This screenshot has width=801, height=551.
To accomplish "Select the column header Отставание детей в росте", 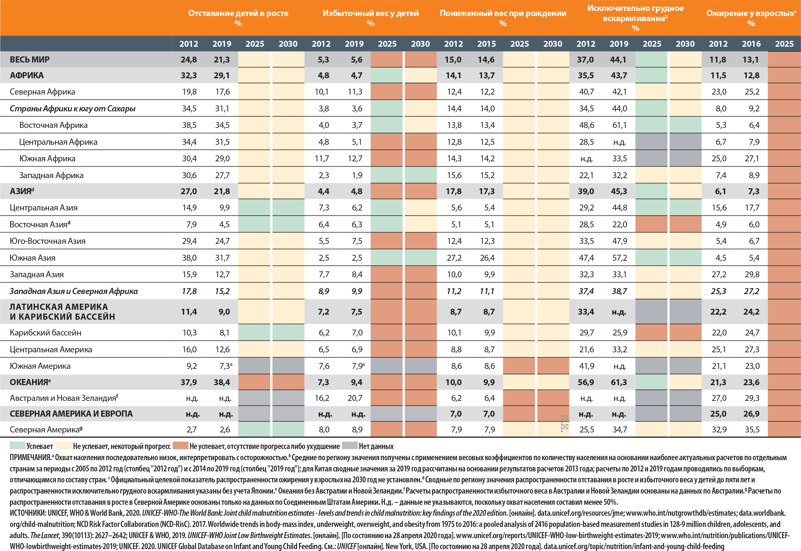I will tap(238, 13).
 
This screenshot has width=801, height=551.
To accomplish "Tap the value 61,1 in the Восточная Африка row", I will tap(619, 125).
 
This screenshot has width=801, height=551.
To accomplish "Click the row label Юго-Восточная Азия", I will tap(48, 241).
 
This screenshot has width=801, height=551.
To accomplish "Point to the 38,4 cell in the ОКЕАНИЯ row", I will tap(222, 382).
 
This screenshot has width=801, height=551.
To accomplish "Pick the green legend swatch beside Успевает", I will tap(17, 446).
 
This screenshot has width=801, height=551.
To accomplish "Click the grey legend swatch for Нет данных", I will tap(349, 446).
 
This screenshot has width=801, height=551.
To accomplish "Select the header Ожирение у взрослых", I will tap(750, 13).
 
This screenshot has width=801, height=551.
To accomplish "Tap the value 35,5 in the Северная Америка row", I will tap(752, 429).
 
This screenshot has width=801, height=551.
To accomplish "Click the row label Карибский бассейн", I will tap(46, 333).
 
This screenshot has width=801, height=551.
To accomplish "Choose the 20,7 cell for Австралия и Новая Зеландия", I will tap(355, 398).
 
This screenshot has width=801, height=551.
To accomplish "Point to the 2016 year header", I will tap(751, 44).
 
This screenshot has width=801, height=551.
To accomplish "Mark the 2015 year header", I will tap(486, 44).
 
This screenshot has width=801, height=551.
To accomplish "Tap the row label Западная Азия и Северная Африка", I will tap(73, 291).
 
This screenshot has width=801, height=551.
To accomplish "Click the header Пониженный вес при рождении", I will tap(503, 13).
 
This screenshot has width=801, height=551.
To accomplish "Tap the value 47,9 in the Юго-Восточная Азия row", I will tap(619, 241).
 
